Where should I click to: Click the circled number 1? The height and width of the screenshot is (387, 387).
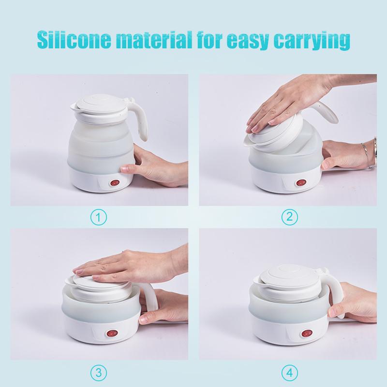pos(99,217)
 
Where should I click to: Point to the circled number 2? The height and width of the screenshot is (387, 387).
pos(289,217)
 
